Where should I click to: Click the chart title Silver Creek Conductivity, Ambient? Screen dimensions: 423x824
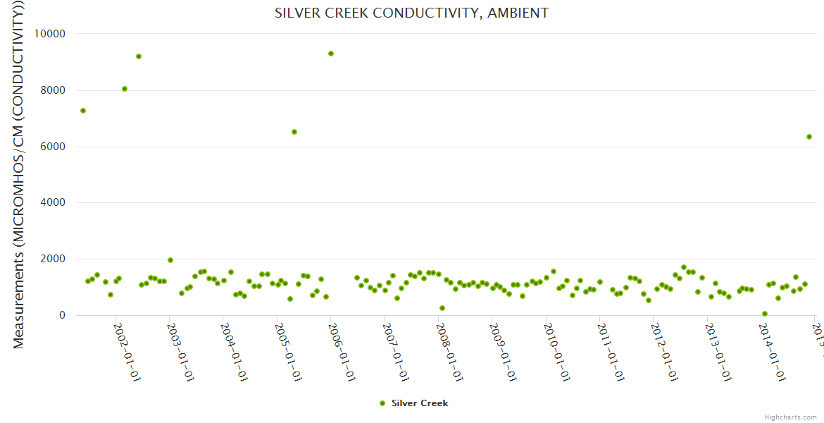click(411, 13)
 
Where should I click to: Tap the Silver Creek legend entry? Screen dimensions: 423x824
click(413, 403)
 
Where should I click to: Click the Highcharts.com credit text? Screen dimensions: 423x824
click(790, 417)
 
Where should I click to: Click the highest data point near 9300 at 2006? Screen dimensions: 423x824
click(331, 54)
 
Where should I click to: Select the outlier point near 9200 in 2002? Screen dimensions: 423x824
click(139, 56)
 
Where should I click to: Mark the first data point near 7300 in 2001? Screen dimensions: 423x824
click(83, 111)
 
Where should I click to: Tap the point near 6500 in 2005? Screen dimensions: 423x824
click(294, 132)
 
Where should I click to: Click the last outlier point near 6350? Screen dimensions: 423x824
click(809, 137)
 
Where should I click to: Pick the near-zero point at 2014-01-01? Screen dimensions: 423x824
click(765, 314)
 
